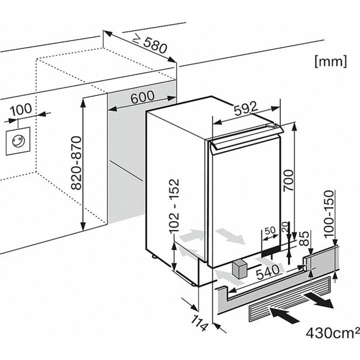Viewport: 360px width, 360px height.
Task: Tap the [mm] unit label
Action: click(328, 60)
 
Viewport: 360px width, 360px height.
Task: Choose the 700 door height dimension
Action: click(301, 179)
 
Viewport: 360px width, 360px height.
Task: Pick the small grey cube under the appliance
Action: click(240, 270)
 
